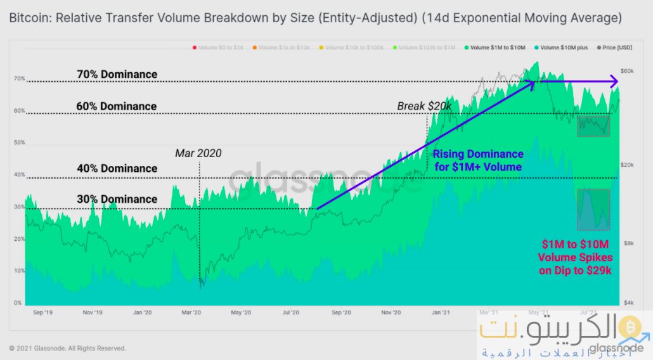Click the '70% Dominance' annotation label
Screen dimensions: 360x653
pyautogui.click(x=117, y=74)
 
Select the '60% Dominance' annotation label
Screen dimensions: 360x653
pyautogui.click(x=117, y=106)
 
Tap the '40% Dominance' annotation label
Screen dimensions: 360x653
pyautogui.click(x=117, y=168)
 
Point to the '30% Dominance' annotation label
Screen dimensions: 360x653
pyautogui.click(x=117, y=199)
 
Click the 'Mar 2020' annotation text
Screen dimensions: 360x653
pyautogui.click(x=198, y=153)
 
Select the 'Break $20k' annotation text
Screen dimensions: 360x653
pyautogui.click(x=423, y=106)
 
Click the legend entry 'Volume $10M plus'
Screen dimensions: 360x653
pyautogui.click(x=561, y=48)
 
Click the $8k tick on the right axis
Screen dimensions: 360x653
pyautogui.click(x=625, y=243)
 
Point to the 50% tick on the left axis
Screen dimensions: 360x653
pyautogui.click(x=18, y=143)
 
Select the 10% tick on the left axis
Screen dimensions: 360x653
pyautogui.click(x=18, y=271)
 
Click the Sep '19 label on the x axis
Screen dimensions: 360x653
pyautogui.click(x=42, y=312)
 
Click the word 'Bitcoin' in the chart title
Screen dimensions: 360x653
pyautogui.click(x=29, y=18)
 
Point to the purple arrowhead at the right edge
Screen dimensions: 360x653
pyautogui.click(x=613, y=80)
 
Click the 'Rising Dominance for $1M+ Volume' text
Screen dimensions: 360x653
pyautogui.click(x=478, y=160)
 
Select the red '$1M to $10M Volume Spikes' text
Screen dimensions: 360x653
pyautogui.click(x=574, y=257)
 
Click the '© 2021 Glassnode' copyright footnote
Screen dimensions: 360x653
pyautogui.click(x=68, y=348)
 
